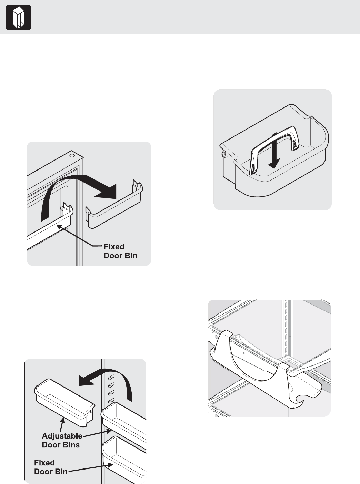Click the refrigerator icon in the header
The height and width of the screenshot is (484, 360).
pos(18,18)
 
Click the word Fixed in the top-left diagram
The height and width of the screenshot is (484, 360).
pos(114,247)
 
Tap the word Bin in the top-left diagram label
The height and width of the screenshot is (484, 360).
pos(131,256)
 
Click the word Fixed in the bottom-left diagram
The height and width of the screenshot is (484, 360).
pos(44,463)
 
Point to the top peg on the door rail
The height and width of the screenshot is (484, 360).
pos(111,378)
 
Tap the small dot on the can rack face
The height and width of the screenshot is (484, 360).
pos(243,353)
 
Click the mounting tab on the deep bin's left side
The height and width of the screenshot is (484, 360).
pos(225,154)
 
